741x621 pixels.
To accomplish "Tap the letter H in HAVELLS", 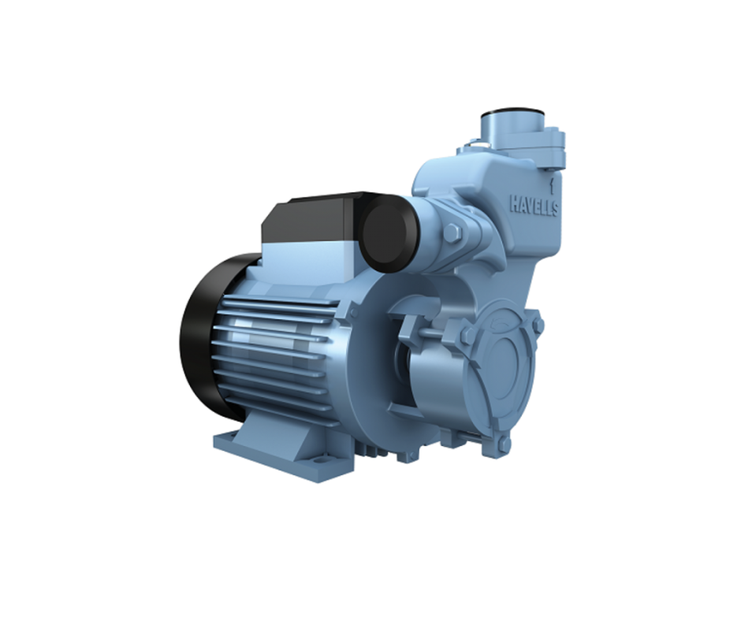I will pyautogui.click(x=513, y=203).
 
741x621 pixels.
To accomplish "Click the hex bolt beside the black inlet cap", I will pyautogui.click(x=452, y=233).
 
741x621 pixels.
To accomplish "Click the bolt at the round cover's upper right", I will pyautogui.click(x=538, y=324).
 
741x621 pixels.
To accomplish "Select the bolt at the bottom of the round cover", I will pyautogui.click(x=504, y=445).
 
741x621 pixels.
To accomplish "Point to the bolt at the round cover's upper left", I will pyautogui.click(x=467, y=335).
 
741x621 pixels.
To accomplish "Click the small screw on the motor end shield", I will pyautogui.click(x=352, y=314).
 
